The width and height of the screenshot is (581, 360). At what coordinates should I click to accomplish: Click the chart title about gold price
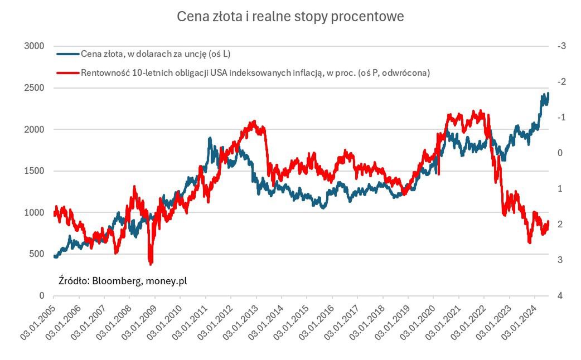(x=290, y=17)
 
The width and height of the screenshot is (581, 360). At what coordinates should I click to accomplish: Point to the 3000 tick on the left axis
(x=35, y=46)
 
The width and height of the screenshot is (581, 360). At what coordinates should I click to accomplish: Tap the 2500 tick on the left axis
(x=35, y=88)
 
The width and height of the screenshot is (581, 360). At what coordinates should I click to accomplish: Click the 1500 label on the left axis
(x=35, y=171)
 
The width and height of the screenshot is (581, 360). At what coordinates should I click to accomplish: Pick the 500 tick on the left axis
(x=37, y=254)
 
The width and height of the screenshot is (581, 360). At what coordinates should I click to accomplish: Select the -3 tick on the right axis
(x=561, y=46)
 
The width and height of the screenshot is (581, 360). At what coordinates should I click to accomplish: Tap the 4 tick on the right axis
(x=560, y=295)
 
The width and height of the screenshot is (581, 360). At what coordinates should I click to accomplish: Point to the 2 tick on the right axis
(x=560, y=224)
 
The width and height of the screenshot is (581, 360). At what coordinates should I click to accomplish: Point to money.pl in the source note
(x=166, y=280)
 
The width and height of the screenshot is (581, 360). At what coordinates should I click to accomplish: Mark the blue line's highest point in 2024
(x=548, y=93)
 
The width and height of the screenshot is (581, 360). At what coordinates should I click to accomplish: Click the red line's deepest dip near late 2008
(x=151, y=262)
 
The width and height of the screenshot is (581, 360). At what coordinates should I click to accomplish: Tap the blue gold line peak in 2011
(x=210, y=138)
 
